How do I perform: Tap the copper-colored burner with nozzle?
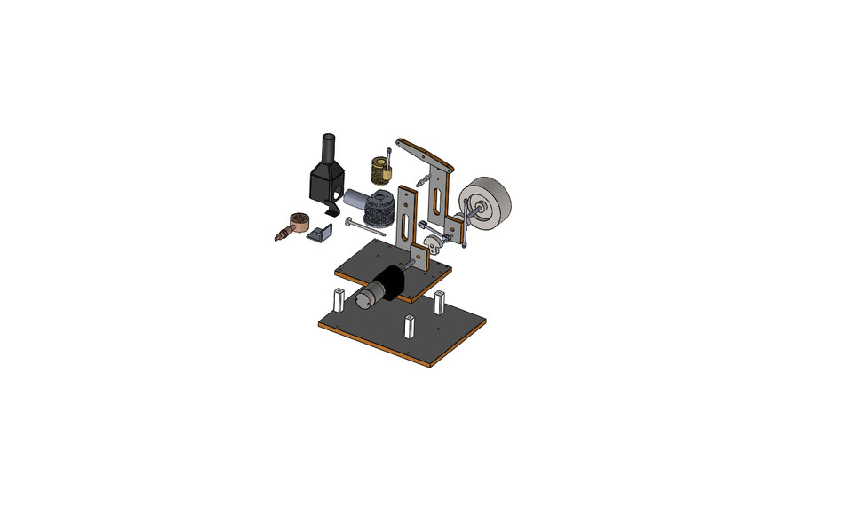coord(297,222)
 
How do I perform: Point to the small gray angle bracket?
coord(319,234)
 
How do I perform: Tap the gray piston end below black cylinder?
coord(364,299)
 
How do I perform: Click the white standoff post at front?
coord(410,328)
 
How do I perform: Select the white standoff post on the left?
coord(339,299)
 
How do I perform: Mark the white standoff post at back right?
coord(441,302)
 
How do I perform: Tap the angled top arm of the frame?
coord(423,153)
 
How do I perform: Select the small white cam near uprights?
coord(431,239)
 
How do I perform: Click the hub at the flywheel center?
coord(481,210)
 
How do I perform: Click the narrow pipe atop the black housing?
coord(327,146)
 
